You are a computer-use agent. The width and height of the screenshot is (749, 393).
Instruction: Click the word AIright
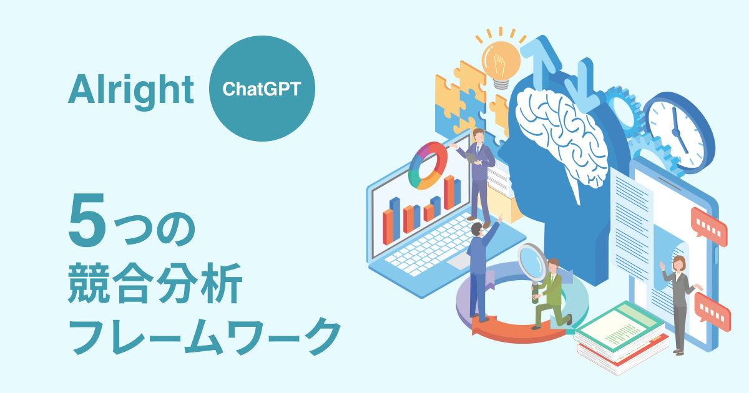[x=130, y=91]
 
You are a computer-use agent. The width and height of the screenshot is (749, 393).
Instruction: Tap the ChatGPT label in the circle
[x=262, y=89]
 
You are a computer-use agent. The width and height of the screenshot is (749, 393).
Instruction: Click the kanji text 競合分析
[x=155, y=283]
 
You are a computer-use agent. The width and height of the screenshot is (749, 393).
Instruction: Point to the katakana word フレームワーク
[x=205, y=336]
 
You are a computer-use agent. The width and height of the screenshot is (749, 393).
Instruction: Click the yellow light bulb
[x=501, y=64]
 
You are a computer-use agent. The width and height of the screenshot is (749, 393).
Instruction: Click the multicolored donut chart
[x=428, y=165]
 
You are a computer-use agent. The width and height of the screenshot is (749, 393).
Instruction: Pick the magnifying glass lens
[x=532, y=263]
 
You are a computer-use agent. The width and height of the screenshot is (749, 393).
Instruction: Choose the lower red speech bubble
[x=712, y=311]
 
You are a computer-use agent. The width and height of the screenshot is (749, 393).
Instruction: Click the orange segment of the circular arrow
[x=515, y=331]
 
